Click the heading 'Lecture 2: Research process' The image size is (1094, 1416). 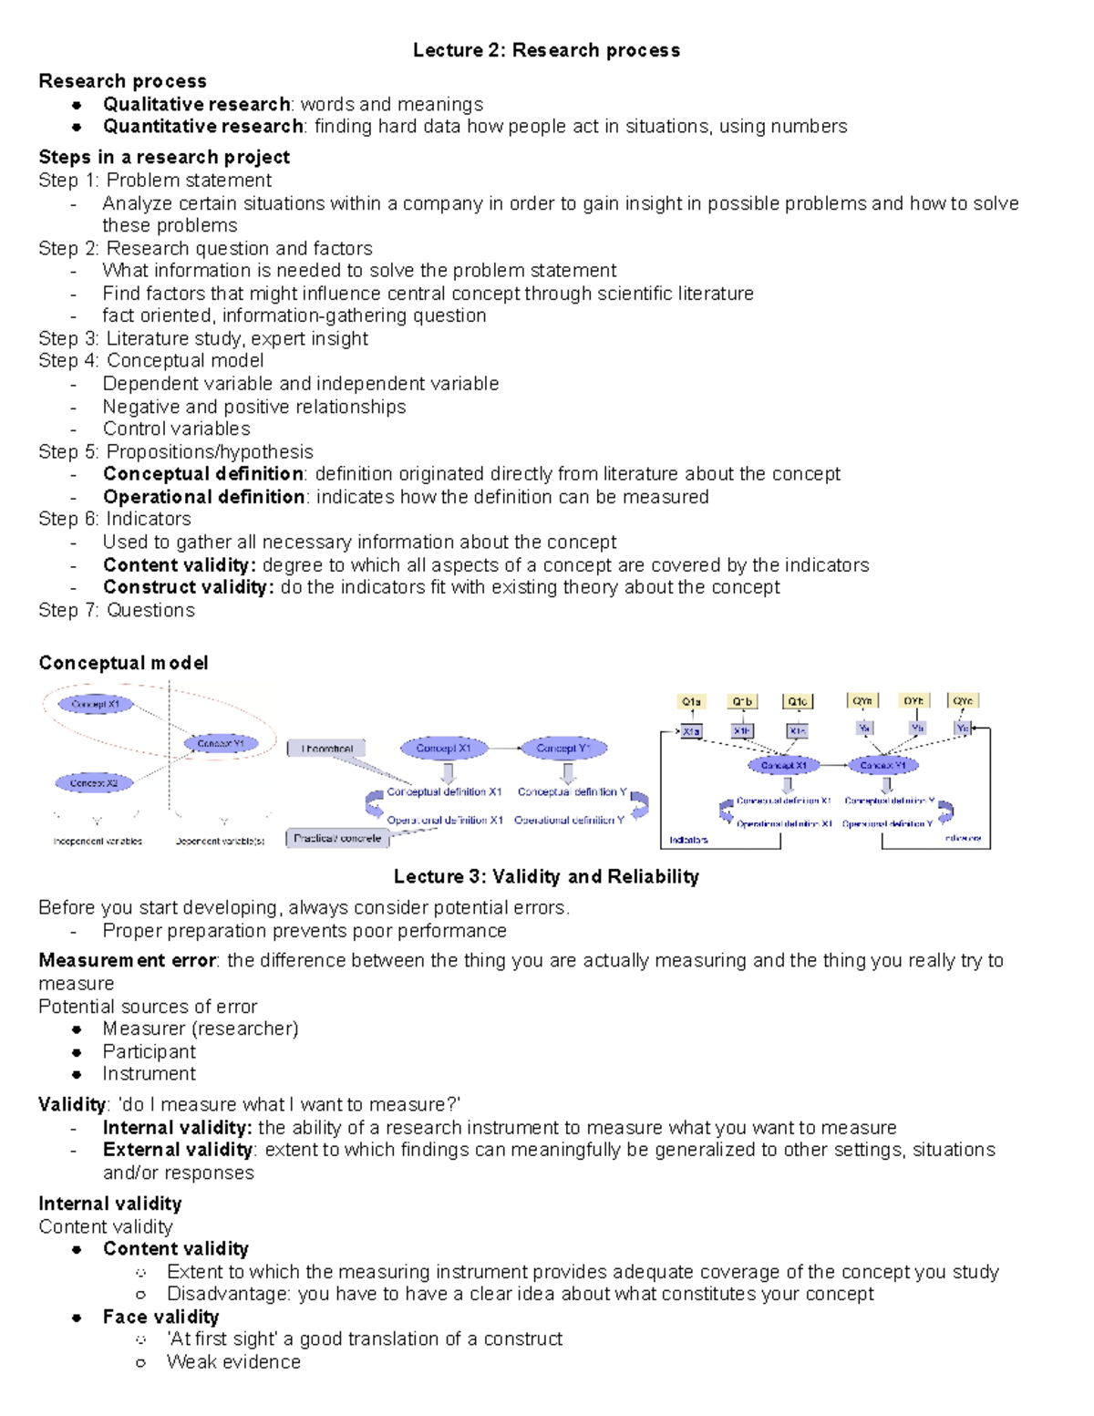pos(546,50)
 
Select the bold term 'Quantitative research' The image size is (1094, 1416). pos(202,127)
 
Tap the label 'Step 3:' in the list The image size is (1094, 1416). pos(68,338)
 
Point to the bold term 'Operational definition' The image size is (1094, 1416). pos(203,497)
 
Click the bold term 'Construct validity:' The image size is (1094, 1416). pos(188,587)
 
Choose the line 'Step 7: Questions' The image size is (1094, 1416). pos(117,610)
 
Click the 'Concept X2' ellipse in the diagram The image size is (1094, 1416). pos(94,783)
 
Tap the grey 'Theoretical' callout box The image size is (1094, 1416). pos(326,749)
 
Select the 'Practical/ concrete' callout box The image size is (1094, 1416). pos(337,838)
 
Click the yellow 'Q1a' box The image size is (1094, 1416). pos(692,702)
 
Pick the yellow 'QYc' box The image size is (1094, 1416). pos(963,701)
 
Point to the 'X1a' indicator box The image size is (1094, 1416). pos(692,731)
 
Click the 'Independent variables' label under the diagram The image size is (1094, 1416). pos(98,842)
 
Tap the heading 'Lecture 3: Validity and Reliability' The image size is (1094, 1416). pos(546,877)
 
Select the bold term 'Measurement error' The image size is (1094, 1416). pos(127,960)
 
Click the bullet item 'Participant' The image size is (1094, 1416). pos(149,1051)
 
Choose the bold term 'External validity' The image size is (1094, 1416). pos(177,1150)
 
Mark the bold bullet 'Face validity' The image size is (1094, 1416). pos(160,1317)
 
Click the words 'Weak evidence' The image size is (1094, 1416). pos(233,1362)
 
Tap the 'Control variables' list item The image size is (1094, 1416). pos(176,429)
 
